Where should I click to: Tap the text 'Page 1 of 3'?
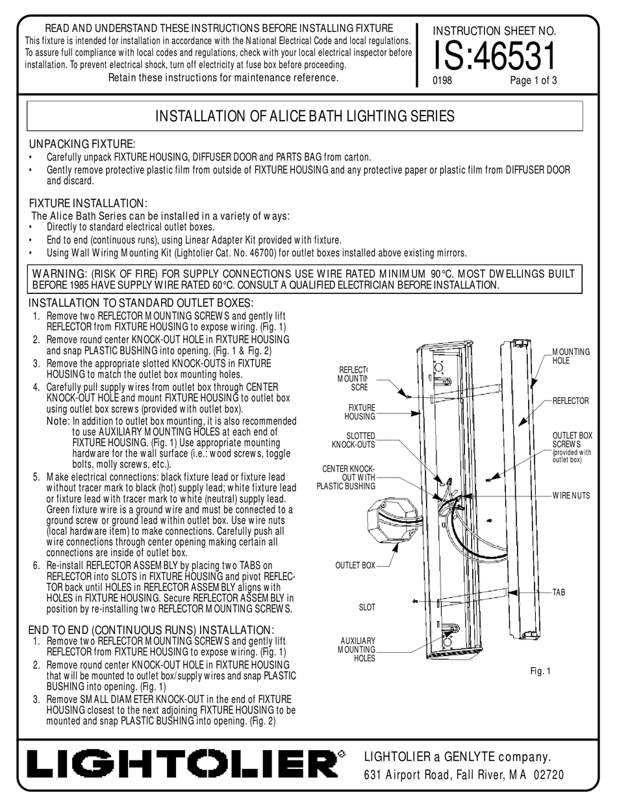[x=534, y=81]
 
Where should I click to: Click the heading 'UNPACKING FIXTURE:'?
[x=82, y=143]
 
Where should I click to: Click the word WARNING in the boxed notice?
[x=61, y=273]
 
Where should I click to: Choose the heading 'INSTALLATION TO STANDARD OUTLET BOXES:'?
[x=141, y=303]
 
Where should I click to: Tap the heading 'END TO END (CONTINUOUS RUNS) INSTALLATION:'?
[x=151, y=629]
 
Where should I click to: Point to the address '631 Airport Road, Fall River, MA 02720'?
[x=464, y=774]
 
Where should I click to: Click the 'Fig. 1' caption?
[x=540, y=672]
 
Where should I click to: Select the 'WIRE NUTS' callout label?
[x=572, y=496]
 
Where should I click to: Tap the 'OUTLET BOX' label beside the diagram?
[x=355, y=565]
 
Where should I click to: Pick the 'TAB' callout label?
[x=559, y=592]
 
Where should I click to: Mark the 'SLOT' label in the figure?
[x=367, y=607]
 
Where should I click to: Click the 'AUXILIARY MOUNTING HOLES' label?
[x=357, y=649]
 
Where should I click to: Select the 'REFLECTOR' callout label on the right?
[x=570, y=401]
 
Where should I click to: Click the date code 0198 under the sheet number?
[x=442, y=81]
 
